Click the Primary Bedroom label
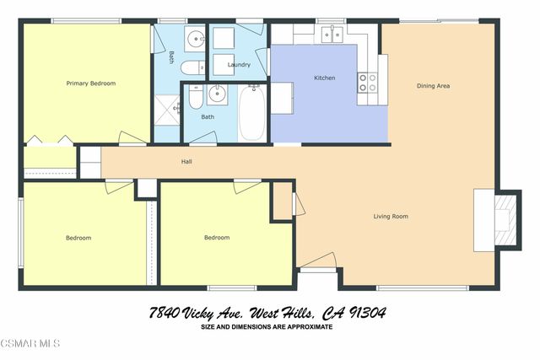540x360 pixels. coord(91,83)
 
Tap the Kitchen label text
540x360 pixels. coord(325,78)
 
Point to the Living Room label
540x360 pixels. coord(391,217)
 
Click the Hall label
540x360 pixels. coord(186,161)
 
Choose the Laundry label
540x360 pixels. coord(239,64)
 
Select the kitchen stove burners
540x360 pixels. coord(369,83)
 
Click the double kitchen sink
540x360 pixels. coord(330,35)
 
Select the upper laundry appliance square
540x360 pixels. coord(224,39)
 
